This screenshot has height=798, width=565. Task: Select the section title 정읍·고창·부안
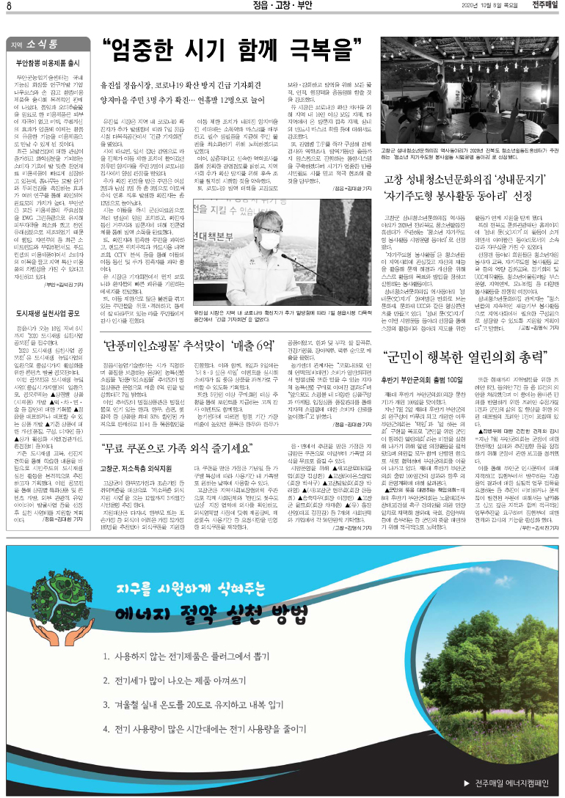(282, 7)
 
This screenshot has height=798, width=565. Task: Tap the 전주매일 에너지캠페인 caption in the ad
(506, 780)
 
